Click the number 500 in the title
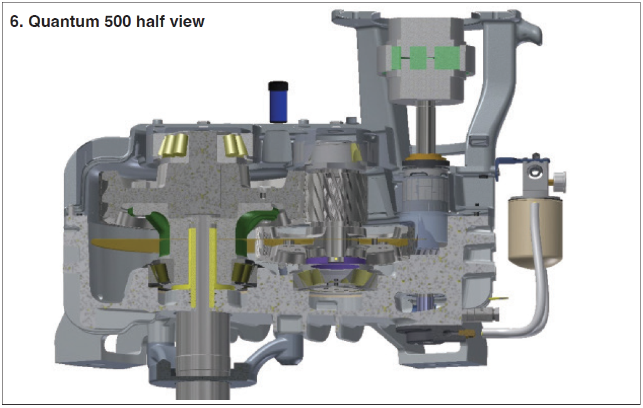point(118,21)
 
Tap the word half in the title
point(151,21)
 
